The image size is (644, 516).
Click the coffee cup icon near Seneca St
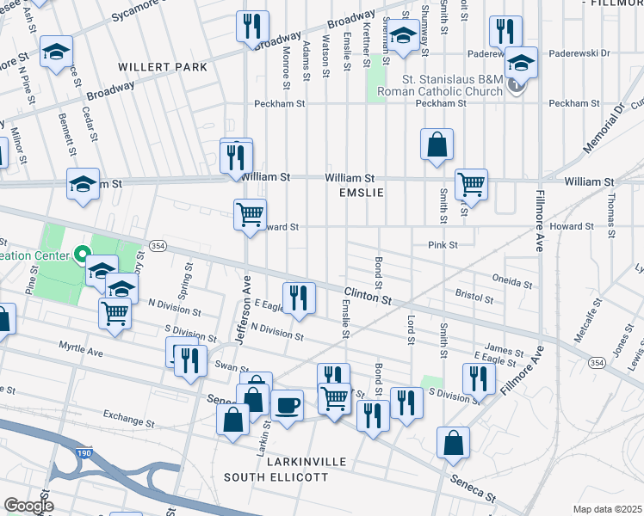click(287, 404)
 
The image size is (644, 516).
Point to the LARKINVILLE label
click(285, 462)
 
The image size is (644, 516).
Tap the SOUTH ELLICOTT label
click(276, 476)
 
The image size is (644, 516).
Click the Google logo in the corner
click(28, 506)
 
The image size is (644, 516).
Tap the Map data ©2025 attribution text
click(607, 509)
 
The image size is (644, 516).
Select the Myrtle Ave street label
click(80, 348)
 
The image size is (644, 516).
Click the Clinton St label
click(368, 297)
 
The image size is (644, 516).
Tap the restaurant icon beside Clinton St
click(299, 298)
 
